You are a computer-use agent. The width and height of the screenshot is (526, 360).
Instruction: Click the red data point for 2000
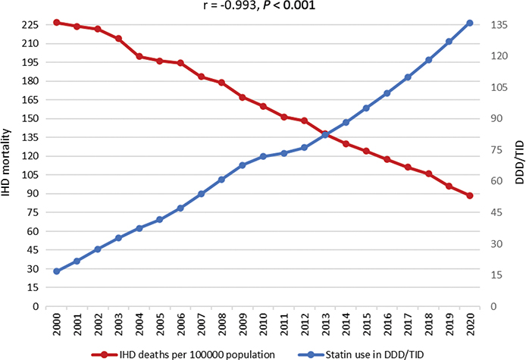pyautogui.click(x=57, y=23)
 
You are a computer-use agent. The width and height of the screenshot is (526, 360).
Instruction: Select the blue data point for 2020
pyautogui.click(x=470, y=23)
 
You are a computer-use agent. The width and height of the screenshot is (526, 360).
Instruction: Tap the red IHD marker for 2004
pyautogui.click(x=139, y=56)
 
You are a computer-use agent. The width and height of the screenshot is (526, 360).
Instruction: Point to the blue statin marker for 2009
pyautogui.click(x=243, y=165)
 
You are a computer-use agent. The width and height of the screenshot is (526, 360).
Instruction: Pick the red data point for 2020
pyautogui.click(x=470, y=196)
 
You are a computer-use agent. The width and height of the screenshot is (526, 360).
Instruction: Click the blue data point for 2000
pyautogui.click(x=57, y=271)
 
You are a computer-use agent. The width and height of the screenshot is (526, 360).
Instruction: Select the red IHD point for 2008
pyautogui.click(x=222, y=83)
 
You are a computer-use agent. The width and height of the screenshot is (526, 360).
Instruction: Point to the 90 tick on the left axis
pyautogui.click(x=30, y=194)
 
